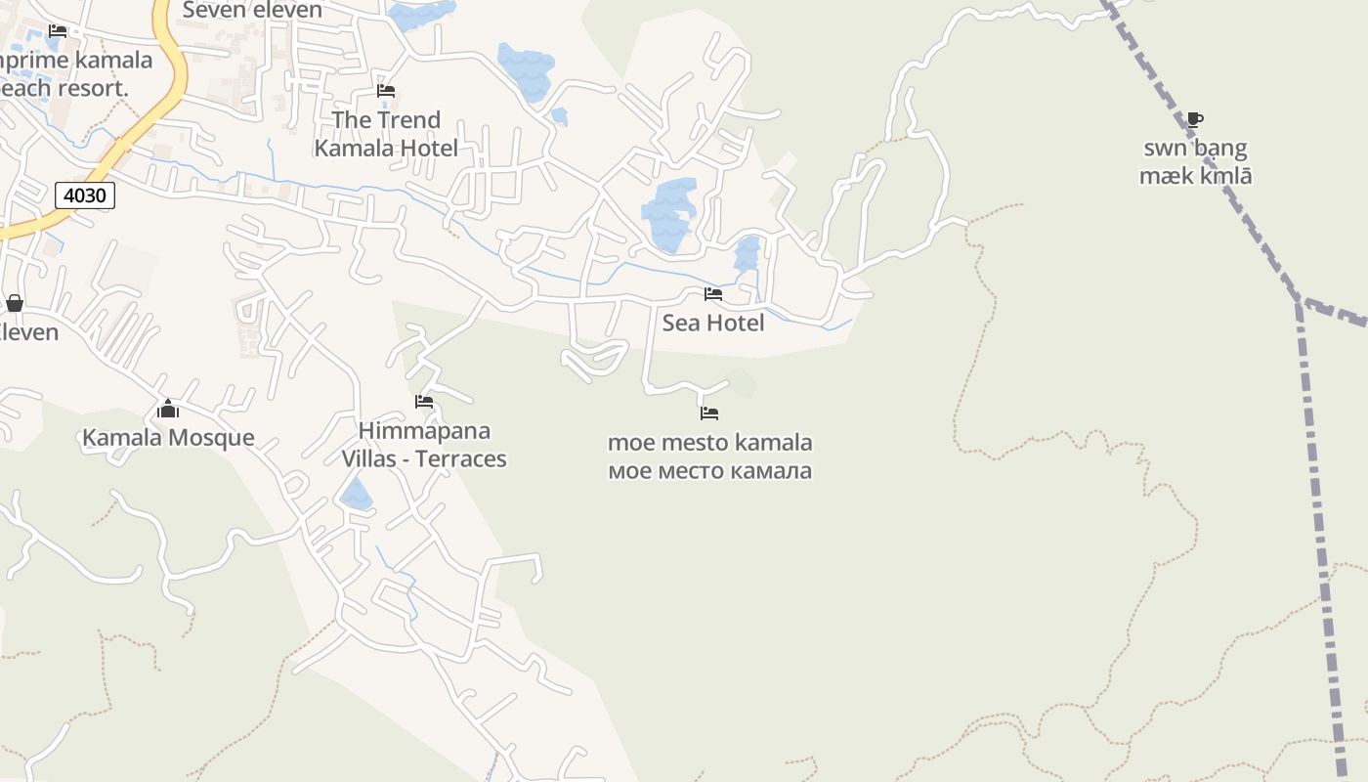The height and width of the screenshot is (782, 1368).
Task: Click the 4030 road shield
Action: [x=85, y=195]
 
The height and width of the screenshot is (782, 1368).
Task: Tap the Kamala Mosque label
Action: [x=168, y=438]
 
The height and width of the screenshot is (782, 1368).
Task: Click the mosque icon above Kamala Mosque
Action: [x=168, y=409]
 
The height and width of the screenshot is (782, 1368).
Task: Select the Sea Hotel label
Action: [x=713, y=323]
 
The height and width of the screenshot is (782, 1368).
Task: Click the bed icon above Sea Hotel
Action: [x=713, y=294]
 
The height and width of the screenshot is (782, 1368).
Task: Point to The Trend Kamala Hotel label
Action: [x=386, y=134]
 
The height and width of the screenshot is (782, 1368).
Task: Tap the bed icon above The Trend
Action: [x=386, y=91]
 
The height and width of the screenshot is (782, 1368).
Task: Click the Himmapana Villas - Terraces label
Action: [x=423, y=445]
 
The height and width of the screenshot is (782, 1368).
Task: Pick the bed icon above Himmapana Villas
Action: [x=424, y=402]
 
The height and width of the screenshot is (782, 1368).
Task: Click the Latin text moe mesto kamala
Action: [x=709, y=443]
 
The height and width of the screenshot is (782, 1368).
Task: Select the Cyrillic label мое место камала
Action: [x=709, y=471]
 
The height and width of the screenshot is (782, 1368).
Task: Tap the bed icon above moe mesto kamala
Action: [x=709, y=413]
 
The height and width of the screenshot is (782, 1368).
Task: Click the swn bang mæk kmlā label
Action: [x=1195, y=162]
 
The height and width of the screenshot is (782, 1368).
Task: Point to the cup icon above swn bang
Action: [x=1194, y=120]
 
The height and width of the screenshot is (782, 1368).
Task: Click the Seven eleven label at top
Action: [x=252, y=11]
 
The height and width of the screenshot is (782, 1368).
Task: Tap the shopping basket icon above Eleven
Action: [x=15, y=303]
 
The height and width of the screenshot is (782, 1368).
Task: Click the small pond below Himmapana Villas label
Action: [x=356, y=495]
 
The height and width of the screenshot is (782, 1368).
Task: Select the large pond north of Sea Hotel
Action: [x=669, y=210]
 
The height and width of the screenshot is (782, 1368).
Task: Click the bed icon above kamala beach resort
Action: [x=58, y=31]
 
